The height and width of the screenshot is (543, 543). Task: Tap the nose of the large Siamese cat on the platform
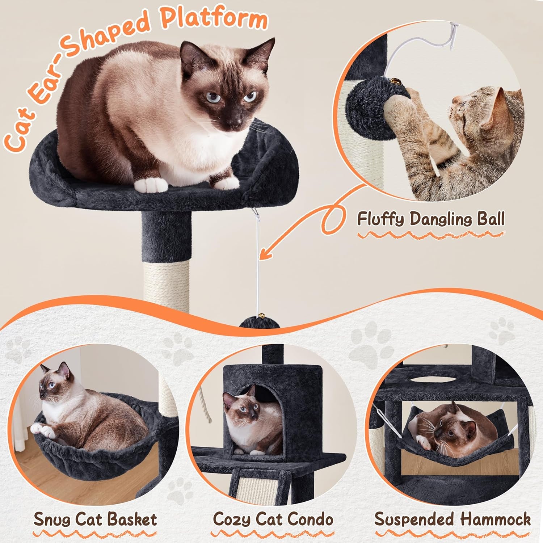[x=237, y=119]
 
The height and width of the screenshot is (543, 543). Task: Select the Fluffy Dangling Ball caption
[x=431, y=219]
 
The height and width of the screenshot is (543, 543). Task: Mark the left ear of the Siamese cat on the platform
[x=190, y=54]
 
